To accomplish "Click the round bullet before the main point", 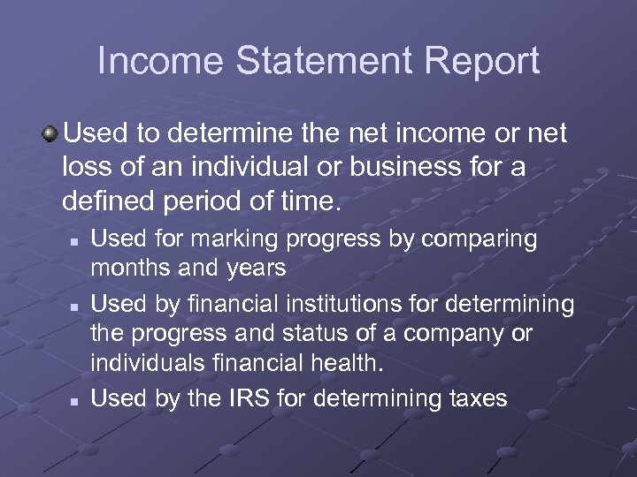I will pyautogui.click(x=50, y=135).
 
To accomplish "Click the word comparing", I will pyautogui.click(x=480, y=239).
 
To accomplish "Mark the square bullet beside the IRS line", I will pyautogui.click(x=75, y=400).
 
